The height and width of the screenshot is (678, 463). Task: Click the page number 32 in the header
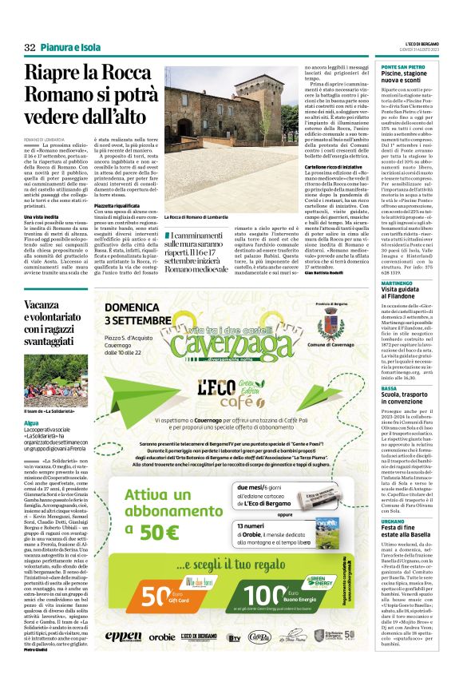pos(30,48)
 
